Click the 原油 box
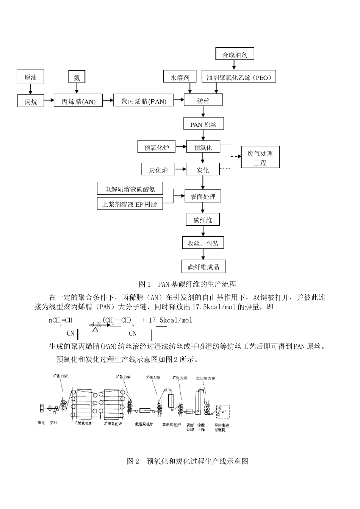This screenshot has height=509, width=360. (x=31, y=77)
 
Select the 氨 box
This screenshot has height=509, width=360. (x=77, y=77)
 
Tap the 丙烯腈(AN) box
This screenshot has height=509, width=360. (x=78, y=101)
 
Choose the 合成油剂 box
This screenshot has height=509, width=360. (x=235, y=54)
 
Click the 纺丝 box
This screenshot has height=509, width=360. (x=203, y=100)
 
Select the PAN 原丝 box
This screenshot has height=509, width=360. (x=203, y=124)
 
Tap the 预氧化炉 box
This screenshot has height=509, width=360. (x=157, y=147)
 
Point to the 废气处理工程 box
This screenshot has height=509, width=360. (x=260, y=158)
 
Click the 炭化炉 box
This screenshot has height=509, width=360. (x=158, y=170)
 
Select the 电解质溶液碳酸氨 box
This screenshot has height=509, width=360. (x=130, y=189)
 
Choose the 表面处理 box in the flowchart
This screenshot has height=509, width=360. (x=203, y=197)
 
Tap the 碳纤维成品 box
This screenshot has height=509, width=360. (x=203, y=267)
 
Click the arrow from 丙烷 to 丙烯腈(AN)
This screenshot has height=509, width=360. (x=49, y=101)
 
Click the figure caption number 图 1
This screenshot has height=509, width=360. (x=145, y=284)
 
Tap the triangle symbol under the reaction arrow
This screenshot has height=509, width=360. (x=95, y=329)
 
